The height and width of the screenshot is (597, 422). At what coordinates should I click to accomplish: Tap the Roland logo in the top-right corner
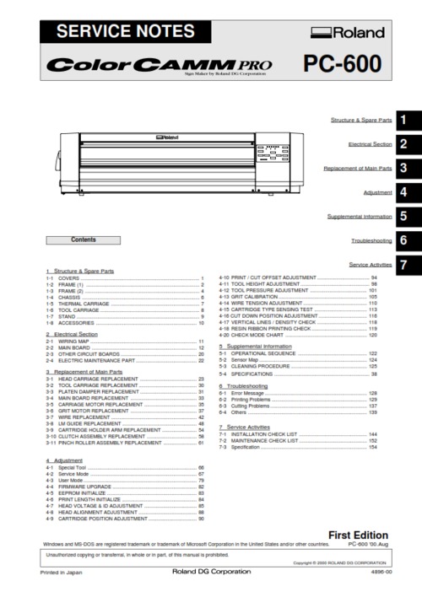coord(348,34)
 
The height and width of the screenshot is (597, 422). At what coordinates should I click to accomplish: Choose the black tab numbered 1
coord(406,121)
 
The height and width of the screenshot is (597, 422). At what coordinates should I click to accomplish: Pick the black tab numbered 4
coord(406,193)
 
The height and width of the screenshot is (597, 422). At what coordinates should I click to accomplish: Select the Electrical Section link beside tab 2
coord(370,144)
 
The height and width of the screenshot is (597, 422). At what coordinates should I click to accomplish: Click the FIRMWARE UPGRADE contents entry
coord(85,487)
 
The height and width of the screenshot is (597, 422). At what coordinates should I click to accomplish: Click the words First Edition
coord(358,535)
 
